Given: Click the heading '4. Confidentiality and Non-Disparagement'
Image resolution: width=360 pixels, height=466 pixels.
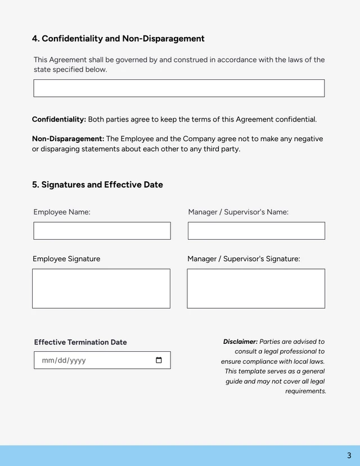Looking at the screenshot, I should [x=118, y=39].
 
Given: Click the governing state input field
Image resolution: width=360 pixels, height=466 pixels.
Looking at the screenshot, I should [x=179, y=88].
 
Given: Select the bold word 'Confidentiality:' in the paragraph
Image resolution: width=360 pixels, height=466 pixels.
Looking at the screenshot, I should [x=59, y=119].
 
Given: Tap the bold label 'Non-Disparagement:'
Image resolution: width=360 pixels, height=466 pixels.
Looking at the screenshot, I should [x=68, y=139].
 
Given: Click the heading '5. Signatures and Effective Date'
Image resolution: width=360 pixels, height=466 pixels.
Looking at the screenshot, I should [x=97, y=185].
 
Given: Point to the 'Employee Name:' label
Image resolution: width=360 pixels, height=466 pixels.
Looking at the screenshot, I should [x=62, y=212].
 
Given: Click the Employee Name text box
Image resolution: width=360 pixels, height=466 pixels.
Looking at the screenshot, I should [x=102, y=231].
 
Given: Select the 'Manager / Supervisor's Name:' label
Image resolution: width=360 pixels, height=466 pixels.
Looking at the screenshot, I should [x=238, y=212].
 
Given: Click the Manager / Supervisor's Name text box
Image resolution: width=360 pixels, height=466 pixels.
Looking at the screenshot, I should [x=256, y=231].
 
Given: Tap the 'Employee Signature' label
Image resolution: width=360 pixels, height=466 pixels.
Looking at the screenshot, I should [x=66, y=259].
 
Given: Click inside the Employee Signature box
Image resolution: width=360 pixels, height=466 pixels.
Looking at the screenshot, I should [x=101, y=288].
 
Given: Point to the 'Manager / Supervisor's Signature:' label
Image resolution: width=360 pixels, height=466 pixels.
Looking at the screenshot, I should [x=244, y=259].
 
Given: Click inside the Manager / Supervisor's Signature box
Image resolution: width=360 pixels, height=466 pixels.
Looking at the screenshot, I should [x=256, y=288].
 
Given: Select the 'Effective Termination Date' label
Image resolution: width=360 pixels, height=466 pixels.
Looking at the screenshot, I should [x=80, y=342].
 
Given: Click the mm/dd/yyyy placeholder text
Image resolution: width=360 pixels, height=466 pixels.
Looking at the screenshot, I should [x=64, y=360].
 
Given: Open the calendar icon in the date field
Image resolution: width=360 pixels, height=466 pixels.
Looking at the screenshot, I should [x=159, y=360].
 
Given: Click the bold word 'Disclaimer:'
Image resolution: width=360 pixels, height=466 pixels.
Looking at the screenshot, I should [x=240, y=342].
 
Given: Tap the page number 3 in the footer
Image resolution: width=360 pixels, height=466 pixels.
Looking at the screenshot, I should [x=349, y=455].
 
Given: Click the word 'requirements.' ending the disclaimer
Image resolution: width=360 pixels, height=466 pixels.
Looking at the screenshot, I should [x=305, y=391].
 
